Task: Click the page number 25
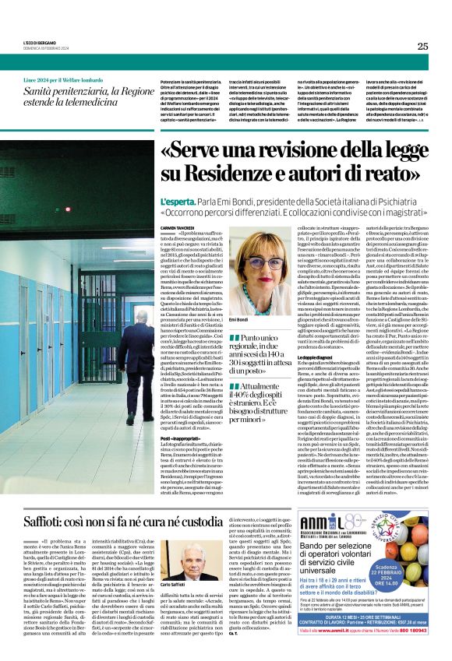422,46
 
